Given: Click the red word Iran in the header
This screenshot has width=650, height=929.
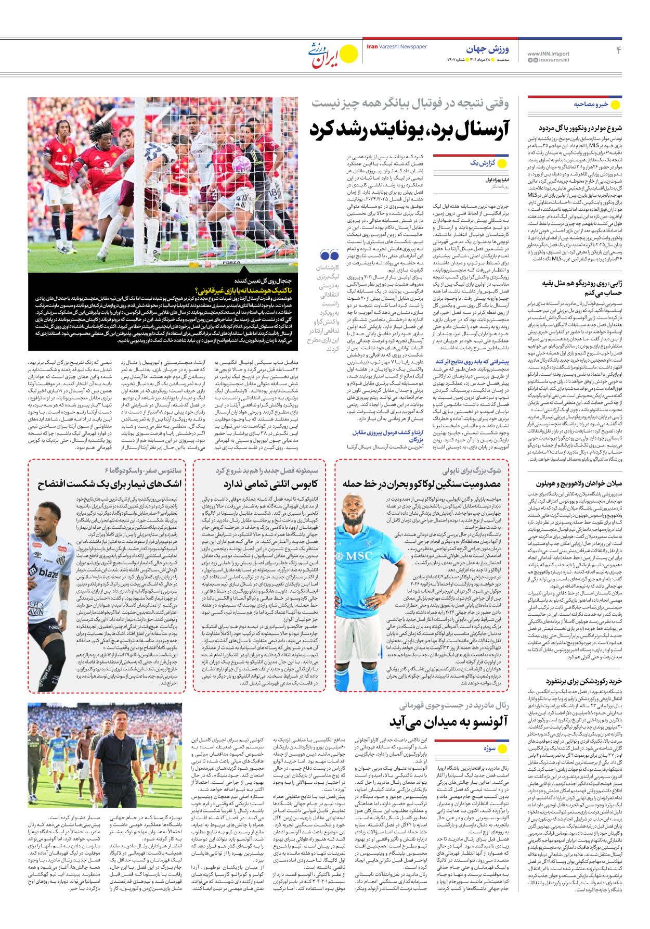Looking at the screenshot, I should [372, 47].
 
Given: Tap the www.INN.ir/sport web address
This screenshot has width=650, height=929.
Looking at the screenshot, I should [548, 54].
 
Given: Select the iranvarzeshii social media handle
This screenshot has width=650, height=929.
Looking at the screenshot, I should [553, 60].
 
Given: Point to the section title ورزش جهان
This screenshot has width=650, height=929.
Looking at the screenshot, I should [487, 49].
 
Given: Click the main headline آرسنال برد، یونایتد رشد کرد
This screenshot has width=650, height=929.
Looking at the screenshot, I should [409, 129].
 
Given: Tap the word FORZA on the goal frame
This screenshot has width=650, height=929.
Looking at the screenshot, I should [232, 263].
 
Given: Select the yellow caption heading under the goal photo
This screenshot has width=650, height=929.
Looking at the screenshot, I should [243, 290].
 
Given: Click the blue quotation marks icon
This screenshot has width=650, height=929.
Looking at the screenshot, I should [330, 255].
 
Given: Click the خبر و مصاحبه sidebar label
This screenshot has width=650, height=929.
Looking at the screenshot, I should [591, 104].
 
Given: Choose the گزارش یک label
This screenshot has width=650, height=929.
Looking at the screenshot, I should [482, 163].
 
